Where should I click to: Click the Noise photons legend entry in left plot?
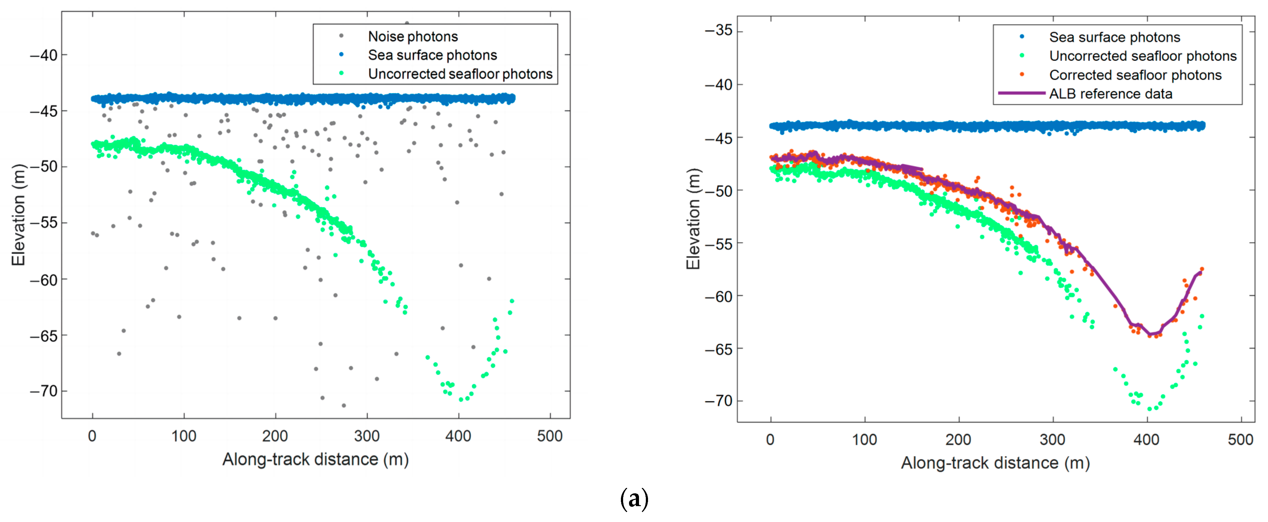click(412, 36)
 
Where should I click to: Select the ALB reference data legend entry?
click(1110, 93)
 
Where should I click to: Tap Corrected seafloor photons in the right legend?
click(1135, 75)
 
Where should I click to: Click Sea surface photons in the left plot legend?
click(432, 55)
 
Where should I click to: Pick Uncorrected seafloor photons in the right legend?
click(1142, 56)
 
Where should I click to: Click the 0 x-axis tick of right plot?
click(770, 439)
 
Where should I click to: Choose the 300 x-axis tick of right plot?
click(1052, 439)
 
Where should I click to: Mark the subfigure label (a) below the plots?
click(634, 499)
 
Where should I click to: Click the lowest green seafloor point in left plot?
click(461, 400)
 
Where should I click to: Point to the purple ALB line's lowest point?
click(1150, 335)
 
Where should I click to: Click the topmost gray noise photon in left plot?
click(407, 23)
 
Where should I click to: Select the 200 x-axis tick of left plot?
click(275, 436)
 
